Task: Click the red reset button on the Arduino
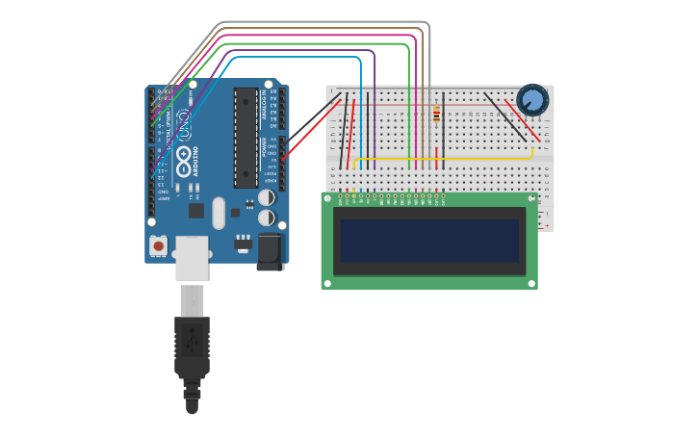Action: [158, 246]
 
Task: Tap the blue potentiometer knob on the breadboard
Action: [531, 99]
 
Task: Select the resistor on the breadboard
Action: [437, 114]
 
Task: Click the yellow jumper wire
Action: [443, 159]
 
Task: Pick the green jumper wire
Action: [318, 43]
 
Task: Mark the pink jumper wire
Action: [318, 37]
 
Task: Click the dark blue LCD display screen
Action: [429, 241]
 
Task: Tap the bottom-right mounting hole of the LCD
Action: [530, 283]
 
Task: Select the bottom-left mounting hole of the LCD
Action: [327, 283]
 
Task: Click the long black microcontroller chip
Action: [246, 138]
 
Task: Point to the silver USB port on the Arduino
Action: [192, 258]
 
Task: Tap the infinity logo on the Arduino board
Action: [184, 123]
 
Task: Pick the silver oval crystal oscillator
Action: [219, 213]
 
